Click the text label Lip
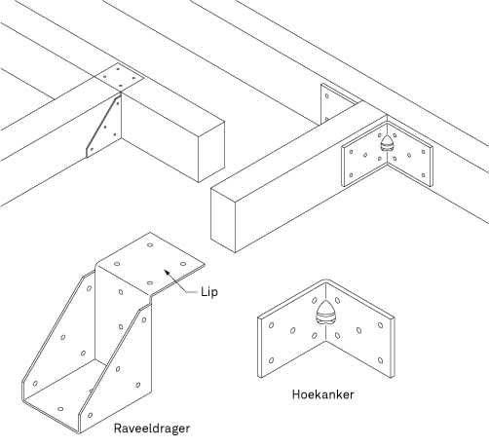[209, 291]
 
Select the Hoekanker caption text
[323, 395]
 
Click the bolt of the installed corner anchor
[388, 143]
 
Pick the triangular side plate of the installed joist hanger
[105, 124]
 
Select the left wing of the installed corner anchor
[359, 161]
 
